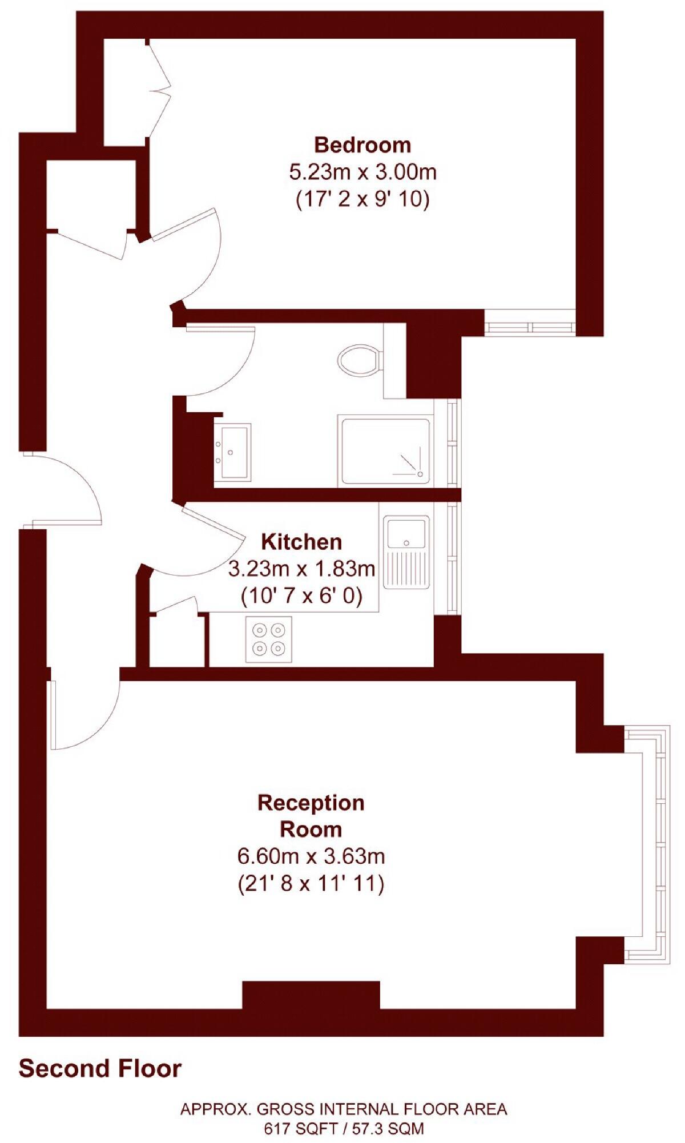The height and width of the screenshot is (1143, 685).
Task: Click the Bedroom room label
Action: (x=362, y=145)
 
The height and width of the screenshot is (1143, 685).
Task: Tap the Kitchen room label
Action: (x=301, y=541)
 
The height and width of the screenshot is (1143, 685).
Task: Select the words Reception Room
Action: (x=311, y=816)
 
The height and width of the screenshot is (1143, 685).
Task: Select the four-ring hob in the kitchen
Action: (x=269, y=639)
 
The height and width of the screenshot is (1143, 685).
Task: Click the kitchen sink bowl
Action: (x=406, y=533)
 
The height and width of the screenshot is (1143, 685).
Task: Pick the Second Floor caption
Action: (x=100, y=1068)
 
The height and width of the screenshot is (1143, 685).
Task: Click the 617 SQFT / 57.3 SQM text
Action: (x=344, y=1128)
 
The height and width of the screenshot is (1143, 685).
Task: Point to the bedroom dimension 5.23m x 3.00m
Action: (x=363, y=171)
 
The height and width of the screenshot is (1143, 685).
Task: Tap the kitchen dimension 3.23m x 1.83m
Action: (x=301, y=569)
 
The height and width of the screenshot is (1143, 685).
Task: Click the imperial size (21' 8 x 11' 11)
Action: (x=311, y=884)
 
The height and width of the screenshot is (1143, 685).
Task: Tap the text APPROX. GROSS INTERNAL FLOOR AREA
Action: (x=344, y=1109)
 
